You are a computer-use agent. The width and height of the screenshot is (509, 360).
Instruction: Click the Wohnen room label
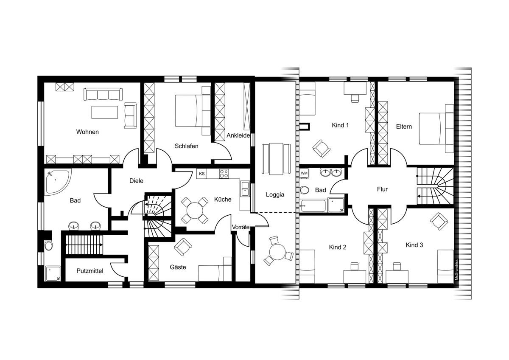(x=87, y=132)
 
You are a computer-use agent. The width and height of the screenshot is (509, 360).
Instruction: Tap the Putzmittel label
(x=90, y=271)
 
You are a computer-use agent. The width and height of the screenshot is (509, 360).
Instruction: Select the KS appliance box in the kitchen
(x=202, y=174)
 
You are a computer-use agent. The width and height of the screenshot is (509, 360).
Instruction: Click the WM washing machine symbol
(x=304, y=173)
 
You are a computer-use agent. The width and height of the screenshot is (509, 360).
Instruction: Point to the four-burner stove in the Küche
(x=224, y=174)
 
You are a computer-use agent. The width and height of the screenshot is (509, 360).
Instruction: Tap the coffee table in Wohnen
(x=104, y=112)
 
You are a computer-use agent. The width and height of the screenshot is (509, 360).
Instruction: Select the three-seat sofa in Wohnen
(x=103, y=94)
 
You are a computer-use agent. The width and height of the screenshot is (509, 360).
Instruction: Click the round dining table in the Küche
(x=195, y=211)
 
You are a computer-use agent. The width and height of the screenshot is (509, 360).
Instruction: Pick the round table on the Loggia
(x=277, y=252)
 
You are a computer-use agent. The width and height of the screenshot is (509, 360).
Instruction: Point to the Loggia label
(x=275, y=195)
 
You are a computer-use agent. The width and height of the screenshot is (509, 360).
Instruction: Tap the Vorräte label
(x=241, y=227)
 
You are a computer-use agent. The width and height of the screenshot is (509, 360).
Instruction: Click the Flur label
(x=382, y=189)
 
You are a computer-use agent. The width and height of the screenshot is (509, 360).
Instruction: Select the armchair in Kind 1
(x=322, y=148)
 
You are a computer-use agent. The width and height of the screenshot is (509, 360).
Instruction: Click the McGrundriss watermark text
(x=456, y=270)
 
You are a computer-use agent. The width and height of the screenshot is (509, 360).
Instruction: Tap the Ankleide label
(x=238, y=135)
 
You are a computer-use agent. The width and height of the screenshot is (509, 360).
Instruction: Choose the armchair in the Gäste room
(x=183, y=247)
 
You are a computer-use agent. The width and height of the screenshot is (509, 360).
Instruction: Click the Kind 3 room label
(x=414, y=245)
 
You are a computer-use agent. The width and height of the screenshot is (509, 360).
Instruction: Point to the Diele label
(x=136, y=181)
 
